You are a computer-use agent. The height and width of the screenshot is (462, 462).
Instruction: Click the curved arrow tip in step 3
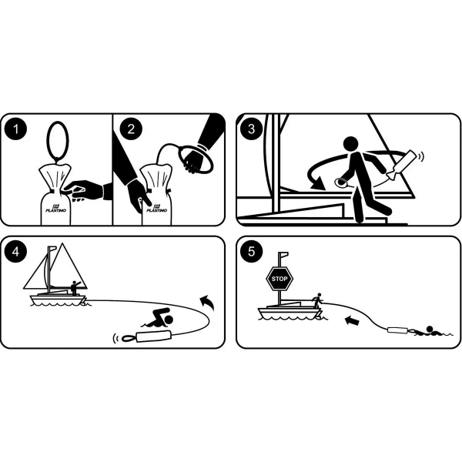coord(314,184)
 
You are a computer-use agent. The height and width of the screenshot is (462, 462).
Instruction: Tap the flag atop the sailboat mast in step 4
coord(52,249)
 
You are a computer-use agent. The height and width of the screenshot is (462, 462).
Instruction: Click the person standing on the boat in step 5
coord(316,300)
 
